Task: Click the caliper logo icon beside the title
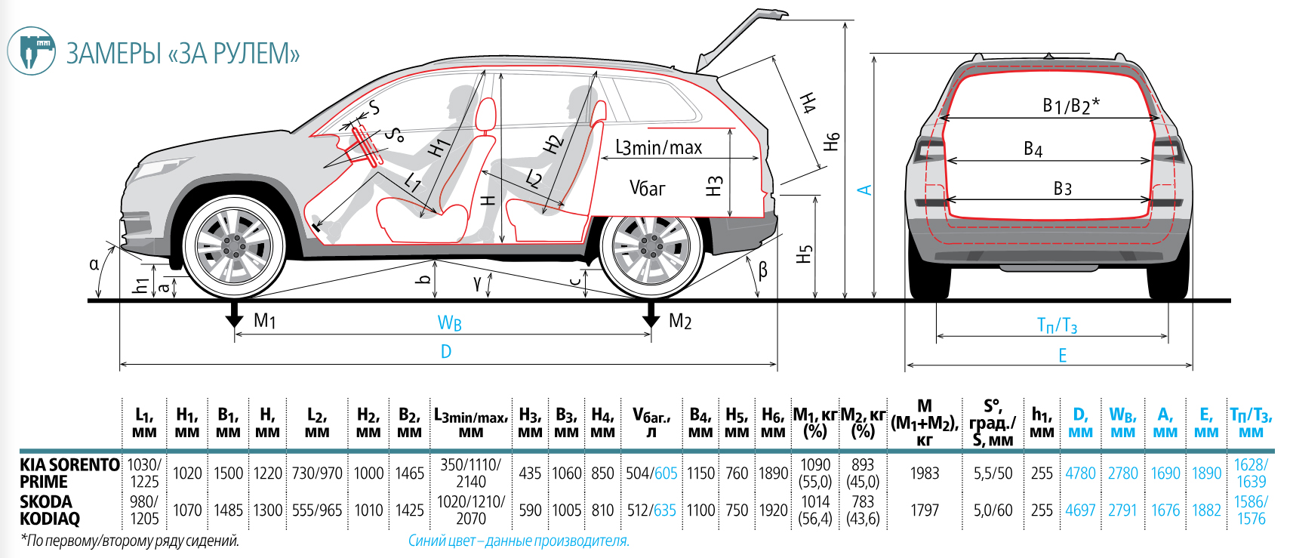31,51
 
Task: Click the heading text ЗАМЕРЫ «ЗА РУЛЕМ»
183,54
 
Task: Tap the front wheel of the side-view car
234,245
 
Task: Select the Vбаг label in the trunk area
647,188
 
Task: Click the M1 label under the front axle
264,321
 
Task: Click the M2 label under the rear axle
679,322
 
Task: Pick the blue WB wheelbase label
449,323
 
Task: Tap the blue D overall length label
446,352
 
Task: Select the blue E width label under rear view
1062,356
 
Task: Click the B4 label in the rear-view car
1033,150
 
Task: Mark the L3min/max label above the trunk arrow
658,148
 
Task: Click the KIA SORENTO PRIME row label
69,473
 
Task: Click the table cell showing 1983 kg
924,473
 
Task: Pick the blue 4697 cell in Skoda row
1079,510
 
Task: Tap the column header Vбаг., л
651,423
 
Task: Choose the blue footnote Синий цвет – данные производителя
519,541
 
